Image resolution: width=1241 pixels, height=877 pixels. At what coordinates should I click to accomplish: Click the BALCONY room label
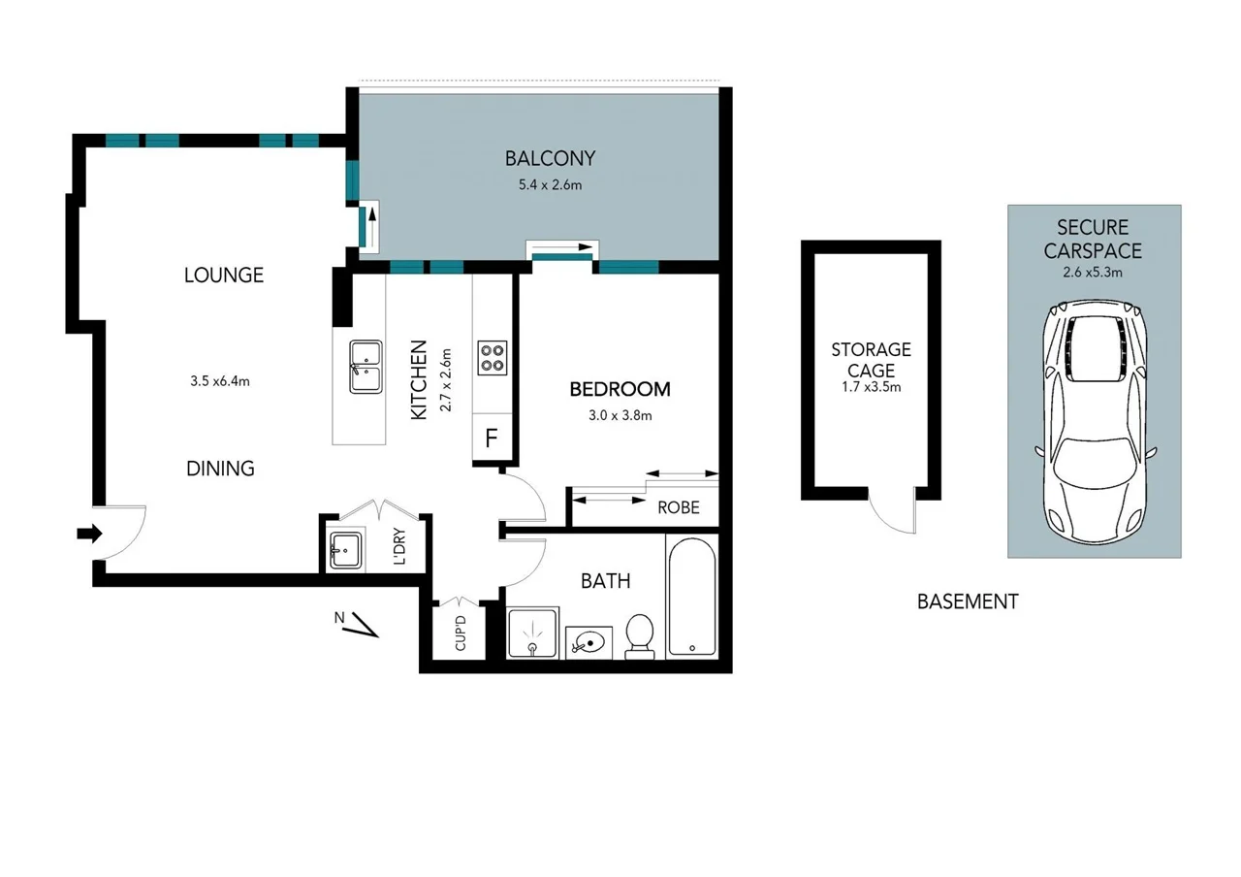point(550,158)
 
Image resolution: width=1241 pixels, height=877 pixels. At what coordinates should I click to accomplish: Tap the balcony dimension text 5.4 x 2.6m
point(550,185)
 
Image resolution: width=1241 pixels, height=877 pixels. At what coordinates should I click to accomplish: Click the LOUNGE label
point(224,275)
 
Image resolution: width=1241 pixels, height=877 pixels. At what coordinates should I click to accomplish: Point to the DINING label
point(220,469)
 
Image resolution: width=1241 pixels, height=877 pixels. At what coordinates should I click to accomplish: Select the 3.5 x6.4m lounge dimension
point(220,381)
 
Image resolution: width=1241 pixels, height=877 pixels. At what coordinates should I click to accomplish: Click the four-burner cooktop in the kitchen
point(492,358)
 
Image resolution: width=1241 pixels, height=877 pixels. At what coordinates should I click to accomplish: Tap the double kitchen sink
point(366,367)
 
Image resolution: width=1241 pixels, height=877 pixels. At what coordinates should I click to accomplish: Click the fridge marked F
point(492,438)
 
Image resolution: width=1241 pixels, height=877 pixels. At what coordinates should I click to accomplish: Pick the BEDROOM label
point(620,389)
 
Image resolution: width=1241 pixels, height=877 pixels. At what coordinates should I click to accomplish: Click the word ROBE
point(679,507)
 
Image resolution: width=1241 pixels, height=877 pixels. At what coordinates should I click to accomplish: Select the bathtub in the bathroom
point(692,597)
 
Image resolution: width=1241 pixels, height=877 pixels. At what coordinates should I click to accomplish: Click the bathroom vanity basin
point(589,643)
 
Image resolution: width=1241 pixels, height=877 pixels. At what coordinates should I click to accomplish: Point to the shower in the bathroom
point(532,633)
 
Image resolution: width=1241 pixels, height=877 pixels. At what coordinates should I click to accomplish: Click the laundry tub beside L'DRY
point(346,550)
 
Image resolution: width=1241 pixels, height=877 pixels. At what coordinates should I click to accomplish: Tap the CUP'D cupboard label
point(461,633)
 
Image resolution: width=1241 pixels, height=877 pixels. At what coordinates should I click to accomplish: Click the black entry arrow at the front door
point(89,534)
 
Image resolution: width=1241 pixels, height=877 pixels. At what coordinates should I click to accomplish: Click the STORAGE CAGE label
point(871,360)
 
